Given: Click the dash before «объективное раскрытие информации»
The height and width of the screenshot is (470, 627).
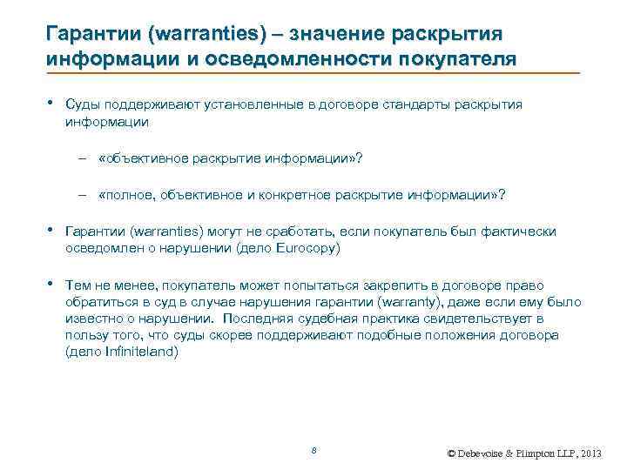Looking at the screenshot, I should click(x=91, y=159).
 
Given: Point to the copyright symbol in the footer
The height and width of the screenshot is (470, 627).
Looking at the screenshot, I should click(x=450, y=454).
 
